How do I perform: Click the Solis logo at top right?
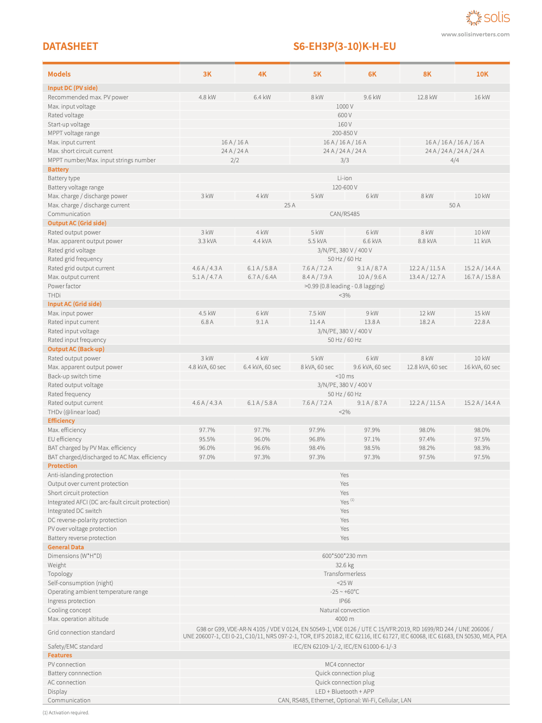pyautogui.click(x=488, y=18)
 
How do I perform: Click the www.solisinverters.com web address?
pyautogui.click(x=475, y=34)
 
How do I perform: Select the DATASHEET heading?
pyautogui.click(x=71, y=47)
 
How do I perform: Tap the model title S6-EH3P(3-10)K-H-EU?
pyautogui.click(x=345, y=47)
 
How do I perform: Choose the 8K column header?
pyautogui.click(x=427, y=74)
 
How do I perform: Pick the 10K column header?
pyautogui.click(x=482, y=74)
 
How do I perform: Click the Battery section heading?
pyautogui.click(x=58, y=169)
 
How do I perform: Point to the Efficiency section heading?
pyautogui.click(x=61, y=421)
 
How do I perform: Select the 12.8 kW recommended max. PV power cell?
pyautogui.click(x=427, y=97)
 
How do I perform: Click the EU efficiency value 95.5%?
pyautogui.click(x=207, y=439)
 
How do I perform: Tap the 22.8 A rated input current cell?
pyautogui.click(x=482, y=322)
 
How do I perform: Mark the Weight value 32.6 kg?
pyautogui.click(x=345, y=565)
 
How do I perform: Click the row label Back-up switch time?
pyautogui.click(x=74, y=376)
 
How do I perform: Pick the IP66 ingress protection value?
pyautogui.click(x=345, y=601)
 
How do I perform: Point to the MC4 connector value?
pyautogui.click(x=345, y=664)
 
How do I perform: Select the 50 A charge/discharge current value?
pyautogui.click(x=455, y=205)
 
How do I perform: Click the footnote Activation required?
pyautogui.click(x=66, y=713)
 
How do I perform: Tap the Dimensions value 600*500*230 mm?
pyautogui.click(x=345, y=556)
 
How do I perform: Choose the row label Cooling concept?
pyautogui.click(x=69, y=610)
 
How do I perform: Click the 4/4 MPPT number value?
pyautogui.click(x=455, y=160)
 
